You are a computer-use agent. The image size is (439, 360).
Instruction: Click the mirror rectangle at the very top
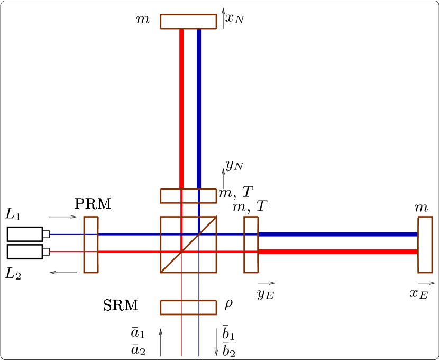point(188,22)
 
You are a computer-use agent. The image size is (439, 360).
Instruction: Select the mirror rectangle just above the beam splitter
point(188,196)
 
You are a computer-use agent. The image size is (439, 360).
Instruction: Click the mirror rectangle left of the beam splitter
point(91,245)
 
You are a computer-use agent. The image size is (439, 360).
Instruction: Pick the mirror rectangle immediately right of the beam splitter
point(251,245)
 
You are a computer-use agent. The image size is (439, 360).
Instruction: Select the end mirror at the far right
point(425,245)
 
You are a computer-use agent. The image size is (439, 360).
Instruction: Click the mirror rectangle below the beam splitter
point(188,308)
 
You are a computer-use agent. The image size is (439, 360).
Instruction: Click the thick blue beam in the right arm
point(339,234)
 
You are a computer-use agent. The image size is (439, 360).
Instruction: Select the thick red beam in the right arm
point(339,251)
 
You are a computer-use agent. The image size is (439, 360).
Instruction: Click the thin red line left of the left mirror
point(66,251)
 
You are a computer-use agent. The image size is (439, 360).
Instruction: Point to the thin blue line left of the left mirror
point(66,234)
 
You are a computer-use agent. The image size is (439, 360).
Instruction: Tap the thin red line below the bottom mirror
point(181,336)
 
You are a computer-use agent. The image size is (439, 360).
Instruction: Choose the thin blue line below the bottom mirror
point(199,336)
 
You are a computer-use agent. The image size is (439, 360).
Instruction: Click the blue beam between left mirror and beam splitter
point(130,234)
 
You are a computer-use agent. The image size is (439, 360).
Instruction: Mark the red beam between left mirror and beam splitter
point(130,251)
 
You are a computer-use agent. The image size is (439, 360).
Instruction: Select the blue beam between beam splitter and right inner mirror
point(230,234)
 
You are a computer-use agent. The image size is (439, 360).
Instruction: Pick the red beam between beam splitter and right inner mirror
point(230,251)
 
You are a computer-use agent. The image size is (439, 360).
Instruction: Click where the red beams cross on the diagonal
point(181,251)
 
